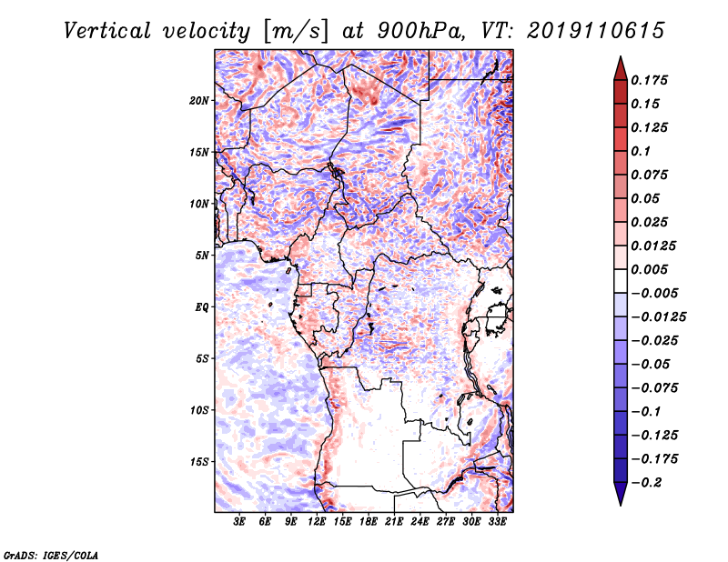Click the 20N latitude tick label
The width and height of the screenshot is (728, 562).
(199, 101)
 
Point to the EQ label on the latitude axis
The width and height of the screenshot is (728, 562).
(202, 307)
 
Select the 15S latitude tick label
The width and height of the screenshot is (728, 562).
(199, 462)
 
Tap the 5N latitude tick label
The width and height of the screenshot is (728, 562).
(202, 256)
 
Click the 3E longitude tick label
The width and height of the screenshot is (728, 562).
(239, 522)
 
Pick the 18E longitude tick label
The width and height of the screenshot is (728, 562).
(369, 522)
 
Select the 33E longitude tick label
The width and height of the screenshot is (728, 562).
(497, 522)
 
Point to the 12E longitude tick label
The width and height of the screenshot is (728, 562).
(317, 522)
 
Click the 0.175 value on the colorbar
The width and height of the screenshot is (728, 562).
(649, 80)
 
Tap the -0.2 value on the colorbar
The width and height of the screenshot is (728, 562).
(646, 483)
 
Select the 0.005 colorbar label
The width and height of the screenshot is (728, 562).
(649, 269)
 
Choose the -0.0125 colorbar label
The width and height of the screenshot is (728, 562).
(658, 317)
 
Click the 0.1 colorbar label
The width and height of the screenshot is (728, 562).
(641, 151)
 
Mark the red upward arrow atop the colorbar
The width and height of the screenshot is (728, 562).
(621, 68)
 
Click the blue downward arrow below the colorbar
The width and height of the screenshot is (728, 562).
(621, 494)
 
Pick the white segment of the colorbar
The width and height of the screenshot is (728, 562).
(621, 281)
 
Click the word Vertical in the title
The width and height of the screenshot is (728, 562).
(107, 31)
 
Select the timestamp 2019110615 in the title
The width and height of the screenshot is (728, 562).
(596, 31)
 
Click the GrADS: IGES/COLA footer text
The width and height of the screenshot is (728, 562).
(51, 556)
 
